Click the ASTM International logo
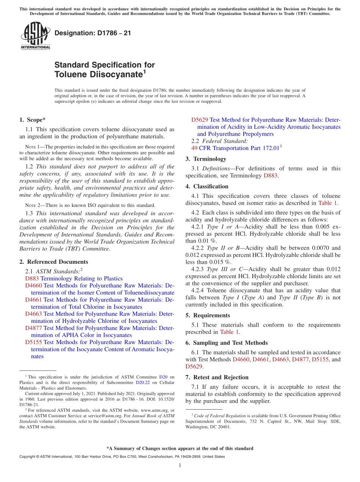pyautogui.click(x=35, y=36)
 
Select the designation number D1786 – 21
pyautogui.click(x=93, y=33)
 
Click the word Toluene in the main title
pyautogui.click(x=70, y=75)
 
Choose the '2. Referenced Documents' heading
pyautogui.click(x=53, y=262)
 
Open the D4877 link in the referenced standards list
pyautogui.click(x=33, y=328)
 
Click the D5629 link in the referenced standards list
pyautogui.click(x=200, y=120)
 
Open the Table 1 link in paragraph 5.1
pyautogui.click(x=229, y=332)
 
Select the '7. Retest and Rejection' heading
pyautogui.click(x=217, y=377)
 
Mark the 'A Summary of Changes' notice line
pyautogui.click(x=180, y=448)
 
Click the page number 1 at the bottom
pyautogui.click(x=180, y=465)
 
